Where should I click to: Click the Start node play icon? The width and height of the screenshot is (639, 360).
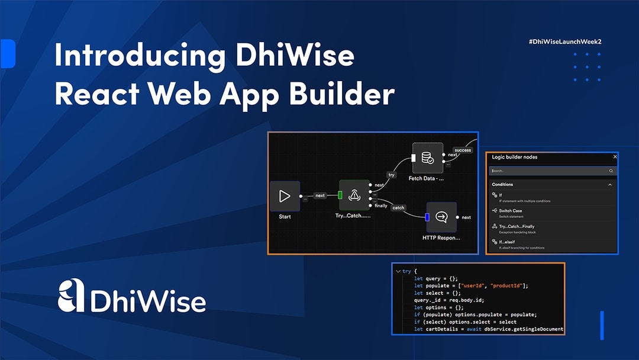[285, 196]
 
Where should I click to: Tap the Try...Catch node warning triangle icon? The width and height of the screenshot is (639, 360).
[354, 195]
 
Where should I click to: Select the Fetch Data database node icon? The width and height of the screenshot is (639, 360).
[427, 158]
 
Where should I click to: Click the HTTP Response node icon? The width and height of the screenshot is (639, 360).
[441, 217]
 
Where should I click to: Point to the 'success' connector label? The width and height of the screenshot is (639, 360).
[463, 150]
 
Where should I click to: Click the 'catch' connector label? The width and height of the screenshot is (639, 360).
[398, 208]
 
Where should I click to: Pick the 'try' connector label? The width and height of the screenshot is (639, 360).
[391, 175]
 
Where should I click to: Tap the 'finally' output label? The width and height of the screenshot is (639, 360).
[381, 205]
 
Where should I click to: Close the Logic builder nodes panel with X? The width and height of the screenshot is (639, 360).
[615, 157]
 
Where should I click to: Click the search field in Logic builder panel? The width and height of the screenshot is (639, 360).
[550, 171]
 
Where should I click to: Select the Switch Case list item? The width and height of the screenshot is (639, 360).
[510, 211]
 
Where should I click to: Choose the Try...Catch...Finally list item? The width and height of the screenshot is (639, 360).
[516, 227]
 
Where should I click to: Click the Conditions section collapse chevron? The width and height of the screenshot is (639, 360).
[610, 185]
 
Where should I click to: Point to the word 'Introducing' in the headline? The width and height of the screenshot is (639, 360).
[139, 56]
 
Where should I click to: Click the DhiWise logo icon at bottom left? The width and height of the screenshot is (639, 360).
[71, 296]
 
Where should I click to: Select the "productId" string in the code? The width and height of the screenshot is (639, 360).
[506, 285]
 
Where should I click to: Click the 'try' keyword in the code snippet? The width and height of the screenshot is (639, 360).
[406, 271]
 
